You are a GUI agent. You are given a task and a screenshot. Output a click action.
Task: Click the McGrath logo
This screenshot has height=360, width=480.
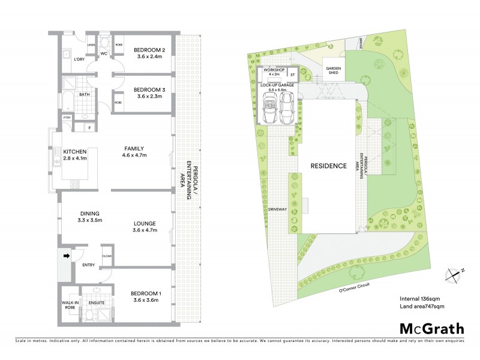tap(432, 328)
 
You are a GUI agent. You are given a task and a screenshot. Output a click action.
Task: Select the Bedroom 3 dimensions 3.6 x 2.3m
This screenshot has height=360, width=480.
tap(149, 96)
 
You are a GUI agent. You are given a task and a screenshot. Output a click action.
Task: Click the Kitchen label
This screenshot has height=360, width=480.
tap(75, 151)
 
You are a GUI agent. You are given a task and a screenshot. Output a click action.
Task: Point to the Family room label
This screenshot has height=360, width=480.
tap(134, 148)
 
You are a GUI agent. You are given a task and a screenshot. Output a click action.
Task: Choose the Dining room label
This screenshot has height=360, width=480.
tap(88, 214)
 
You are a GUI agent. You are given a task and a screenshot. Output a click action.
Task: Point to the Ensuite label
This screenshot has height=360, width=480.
tap(96, 303)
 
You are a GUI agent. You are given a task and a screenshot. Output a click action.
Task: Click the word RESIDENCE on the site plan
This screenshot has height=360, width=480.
tap(328, 166)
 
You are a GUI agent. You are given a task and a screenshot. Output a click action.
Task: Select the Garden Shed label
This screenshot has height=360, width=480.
tap(334, 70)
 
